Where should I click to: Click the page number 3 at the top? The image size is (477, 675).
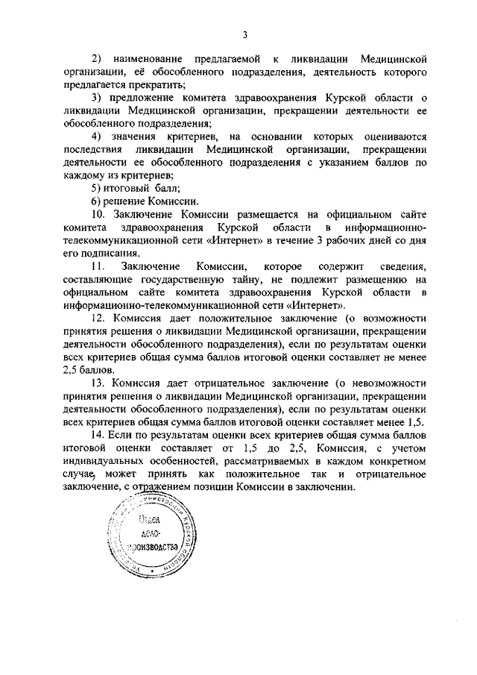coord(244,33)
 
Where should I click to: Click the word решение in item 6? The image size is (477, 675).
coord(128,201)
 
